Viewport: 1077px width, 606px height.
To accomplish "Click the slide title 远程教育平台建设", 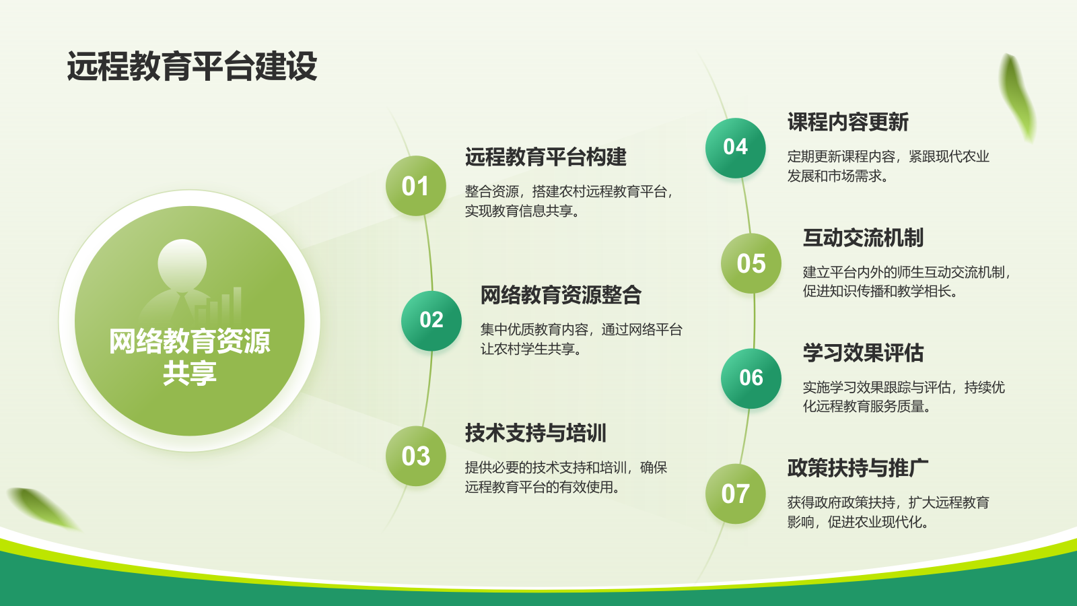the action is [x=192, y=66].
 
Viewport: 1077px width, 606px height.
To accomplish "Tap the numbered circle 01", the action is [x=415, y=186].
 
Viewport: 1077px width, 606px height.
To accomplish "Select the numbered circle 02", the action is [x=431, y=321].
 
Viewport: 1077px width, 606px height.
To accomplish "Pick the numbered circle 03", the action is [x=415, y=455].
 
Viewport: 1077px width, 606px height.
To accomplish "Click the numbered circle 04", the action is [x=735, y=147].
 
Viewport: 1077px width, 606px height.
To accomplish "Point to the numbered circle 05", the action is [x=751, y=263].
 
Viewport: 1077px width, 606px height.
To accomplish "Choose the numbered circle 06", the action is [x=751, y=378].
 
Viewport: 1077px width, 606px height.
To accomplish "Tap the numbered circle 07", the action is [x=735, y=494].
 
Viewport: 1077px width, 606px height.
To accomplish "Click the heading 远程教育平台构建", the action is [x=546, y=157].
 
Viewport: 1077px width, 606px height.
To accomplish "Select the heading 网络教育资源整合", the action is [x=561, y=295].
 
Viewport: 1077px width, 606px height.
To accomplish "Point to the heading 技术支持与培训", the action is [x=536, y=433].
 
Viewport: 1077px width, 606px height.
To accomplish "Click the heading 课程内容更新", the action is [x=848, y=122].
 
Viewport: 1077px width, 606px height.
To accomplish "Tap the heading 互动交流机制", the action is [x=864, y=238].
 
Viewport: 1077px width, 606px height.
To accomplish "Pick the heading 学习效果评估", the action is [x=864, y=353].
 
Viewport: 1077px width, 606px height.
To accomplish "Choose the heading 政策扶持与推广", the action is [x=858, y=468].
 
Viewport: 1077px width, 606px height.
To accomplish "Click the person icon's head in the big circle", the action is [x=182, y=263].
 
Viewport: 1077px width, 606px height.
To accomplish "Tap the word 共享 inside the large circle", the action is [x=189, y=373].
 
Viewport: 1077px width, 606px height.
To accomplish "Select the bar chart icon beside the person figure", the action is [x=219, y=306].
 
